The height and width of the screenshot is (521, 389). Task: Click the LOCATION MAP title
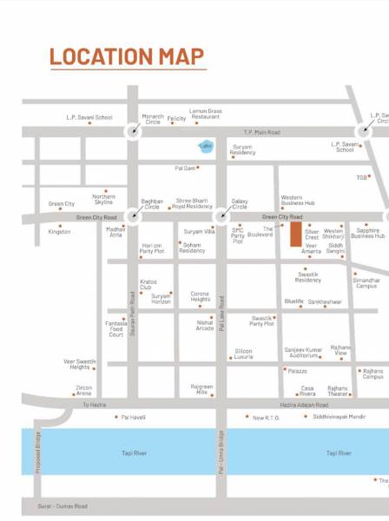[x=127, y=57]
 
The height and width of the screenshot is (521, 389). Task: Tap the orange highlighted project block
[x=296, y=234]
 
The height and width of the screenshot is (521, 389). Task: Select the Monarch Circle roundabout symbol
[x=133, y=131]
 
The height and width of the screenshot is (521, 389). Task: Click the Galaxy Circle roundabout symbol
[x=222, y=216]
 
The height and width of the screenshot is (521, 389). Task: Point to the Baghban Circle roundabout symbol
[x=133, y=216]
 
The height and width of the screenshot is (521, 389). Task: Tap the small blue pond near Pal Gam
[x=207, y=147]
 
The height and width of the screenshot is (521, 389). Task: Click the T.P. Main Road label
[x=261, y=132]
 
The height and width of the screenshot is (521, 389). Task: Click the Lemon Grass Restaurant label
[x=206, y=114]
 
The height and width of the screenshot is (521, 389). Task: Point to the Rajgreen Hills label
[x=201, y=389]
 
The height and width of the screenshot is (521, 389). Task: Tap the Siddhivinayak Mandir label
[x=340, y=417]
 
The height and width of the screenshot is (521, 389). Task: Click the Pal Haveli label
[x=133, y=417]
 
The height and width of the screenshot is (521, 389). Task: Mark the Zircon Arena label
[x=84, y=390]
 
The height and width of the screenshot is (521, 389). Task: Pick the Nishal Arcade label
[x=205, y=325]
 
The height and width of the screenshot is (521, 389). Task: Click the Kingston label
[x=59, y=232]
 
